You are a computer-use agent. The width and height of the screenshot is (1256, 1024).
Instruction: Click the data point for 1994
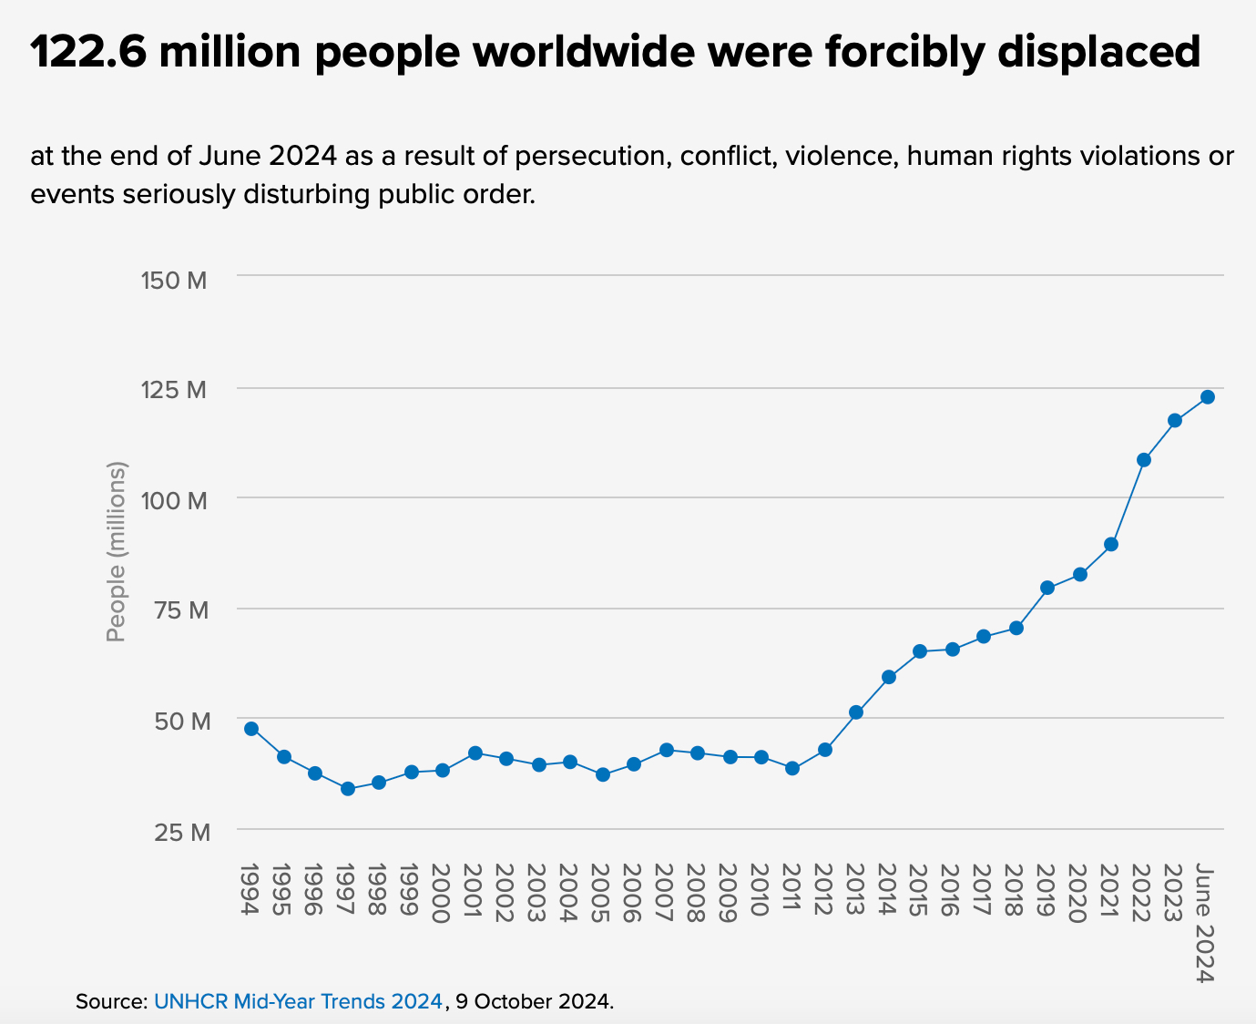click(x=251, y=729)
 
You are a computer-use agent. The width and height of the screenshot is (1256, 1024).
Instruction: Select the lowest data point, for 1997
click(x=348, y=789)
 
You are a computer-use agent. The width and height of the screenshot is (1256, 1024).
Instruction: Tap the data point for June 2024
click(x=1208, y=397)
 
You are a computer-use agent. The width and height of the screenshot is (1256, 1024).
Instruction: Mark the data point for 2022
click(x=1144, y=460)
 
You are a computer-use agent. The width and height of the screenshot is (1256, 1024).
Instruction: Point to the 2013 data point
click(x=856, y=712)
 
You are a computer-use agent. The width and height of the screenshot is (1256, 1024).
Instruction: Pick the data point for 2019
click(x=1047, y=588)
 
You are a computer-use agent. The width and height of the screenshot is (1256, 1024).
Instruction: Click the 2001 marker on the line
click(x=475, y=753)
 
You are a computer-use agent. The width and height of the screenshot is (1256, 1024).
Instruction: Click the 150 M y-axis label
click(x=175, y=280)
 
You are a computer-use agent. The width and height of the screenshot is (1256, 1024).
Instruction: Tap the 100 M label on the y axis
click(x=175, y=500)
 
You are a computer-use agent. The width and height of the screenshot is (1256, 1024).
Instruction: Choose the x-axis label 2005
click(x=599, y=894)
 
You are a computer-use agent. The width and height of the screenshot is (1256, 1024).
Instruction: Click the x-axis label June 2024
click(x=1206, y=923)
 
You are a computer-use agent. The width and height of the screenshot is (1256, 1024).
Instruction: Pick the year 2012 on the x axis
click(x=822, y=894)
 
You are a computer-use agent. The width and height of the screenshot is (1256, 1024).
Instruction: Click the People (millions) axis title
click(x=117, y=551)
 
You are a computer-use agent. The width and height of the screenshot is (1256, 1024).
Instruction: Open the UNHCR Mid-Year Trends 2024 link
click(x=298, y=1001)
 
